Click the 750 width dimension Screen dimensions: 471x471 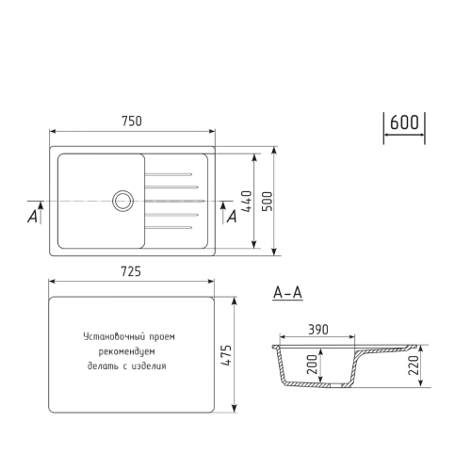(132, 120)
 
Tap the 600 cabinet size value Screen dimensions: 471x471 (403, 122)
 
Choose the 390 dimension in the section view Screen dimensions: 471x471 (318, 330)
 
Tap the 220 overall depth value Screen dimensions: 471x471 (413, 364)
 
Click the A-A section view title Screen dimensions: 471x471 (287, 294)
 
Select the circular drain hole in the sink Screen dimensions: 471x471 (122, 200)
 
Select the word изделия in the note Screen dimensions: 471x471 (150, 366)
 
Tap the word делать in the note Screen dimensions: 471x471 (102, 366)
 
